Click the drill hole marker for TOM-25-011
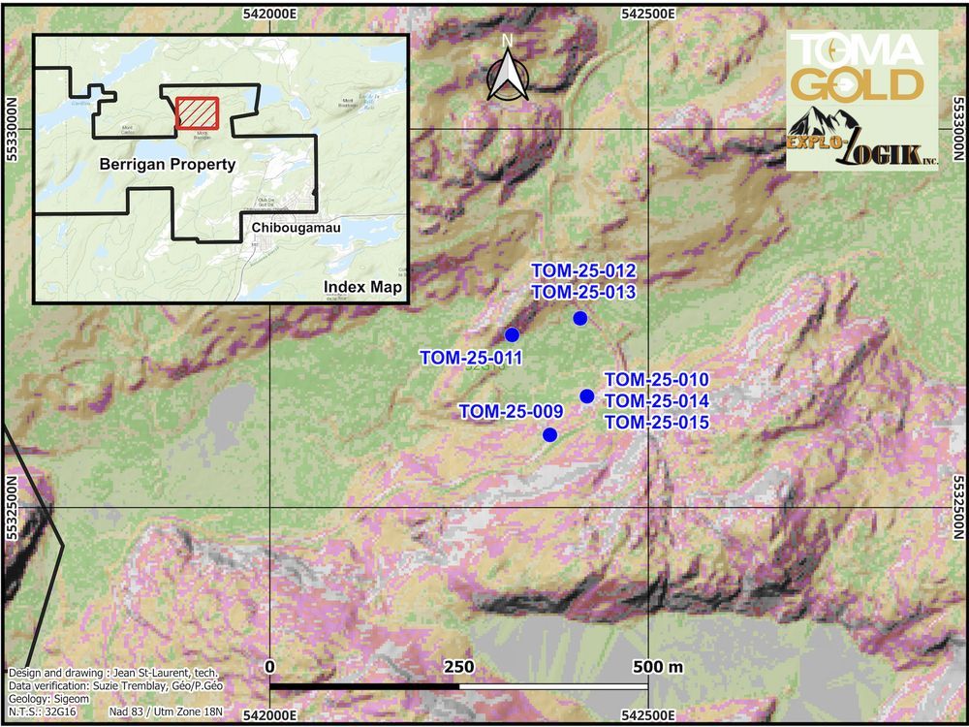coord(512,334)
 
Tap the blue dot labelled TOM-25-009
coord(549,435)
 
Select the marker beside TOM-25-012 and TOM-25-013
coord(579,319)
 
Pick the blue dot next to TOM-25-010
coord(586,395)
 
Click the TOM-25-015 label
coord(657,423)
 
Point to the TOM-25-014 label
coord(657,401)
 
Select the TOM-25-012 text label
coord(583,270)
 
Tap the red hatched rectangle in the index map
coord(198,113)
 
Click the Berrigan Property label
coord(168,165)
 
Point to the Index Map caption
coord(362,287)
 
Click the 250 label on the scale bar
coord(458,668)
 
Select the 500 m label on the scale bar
coord(657,668)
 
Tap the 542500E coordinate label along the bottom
coord(646,715)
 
